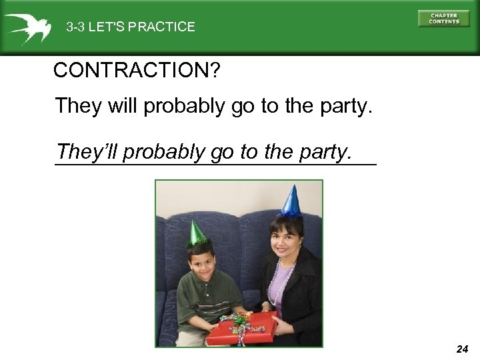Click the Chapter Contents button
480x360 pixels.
[443, 19]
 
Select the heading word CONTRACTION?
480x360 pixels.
[136, 70]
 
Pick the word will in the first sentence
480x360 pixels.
[121, 105]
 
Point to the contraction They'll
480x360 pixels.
[87, 152]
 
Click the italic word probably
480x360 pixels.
[164, 152]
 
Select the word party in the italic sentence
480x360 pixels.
[323, 153]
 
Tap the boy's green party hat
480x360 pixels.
[197, 233]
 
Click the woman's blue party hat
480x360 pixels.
[291, 201]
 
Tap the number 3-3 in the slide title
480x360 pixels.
[75, 27]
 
